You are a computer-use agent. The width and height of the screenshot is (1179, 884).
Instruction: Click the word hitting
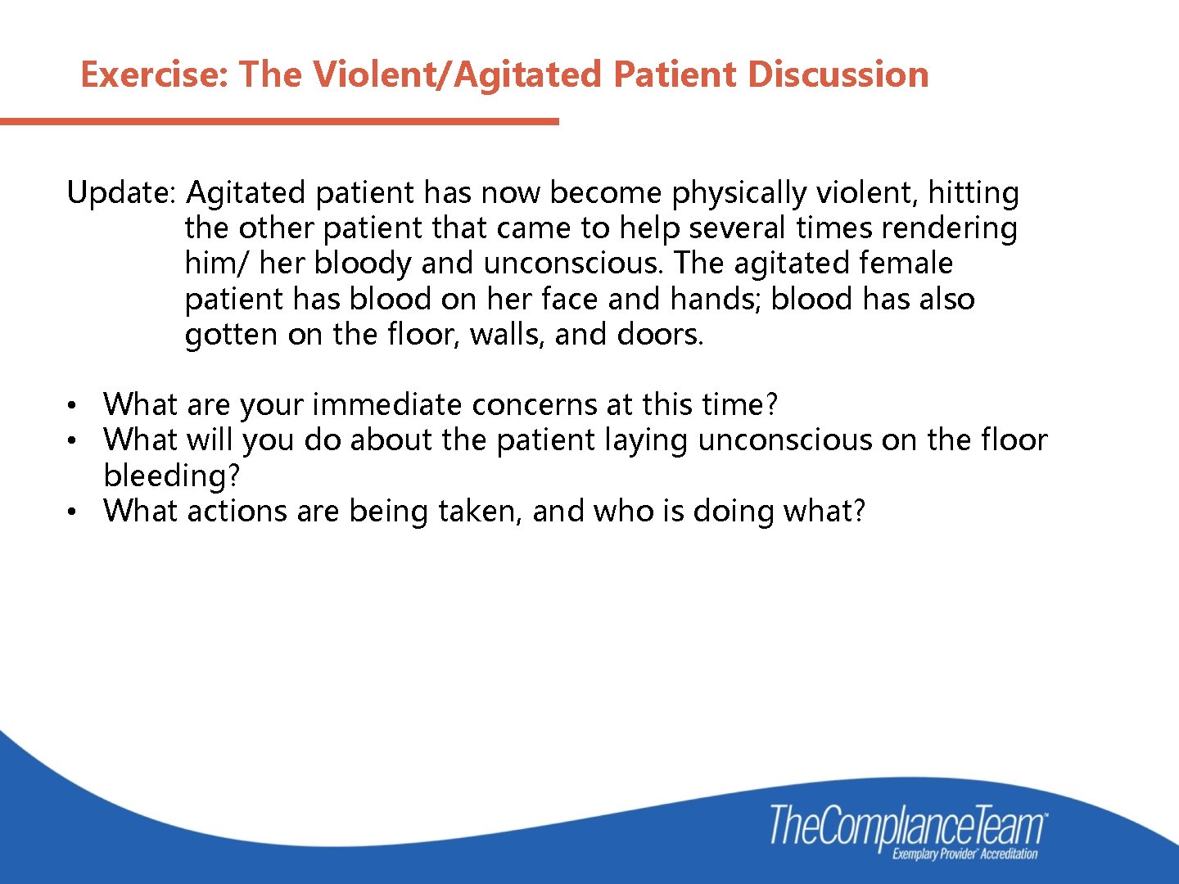click(x=973, y=193)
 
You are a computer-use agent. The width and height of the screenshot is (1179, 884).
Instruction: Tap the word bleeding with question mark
click(x=171, y=476)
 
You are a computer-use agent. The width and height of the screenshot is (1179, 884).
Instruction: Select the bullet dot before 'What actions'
click(x=73, y=512)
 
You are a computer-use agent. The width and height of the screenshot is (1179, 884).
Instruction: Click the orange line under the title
click(x=278, y=122)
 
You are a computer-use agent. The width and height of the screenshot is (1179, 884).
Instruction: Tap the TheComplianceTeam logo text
click(x=907, y=825)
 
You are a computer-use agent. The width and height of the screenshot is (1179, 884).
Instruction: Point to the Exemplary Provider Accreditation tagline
click(x=964, y=855)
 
